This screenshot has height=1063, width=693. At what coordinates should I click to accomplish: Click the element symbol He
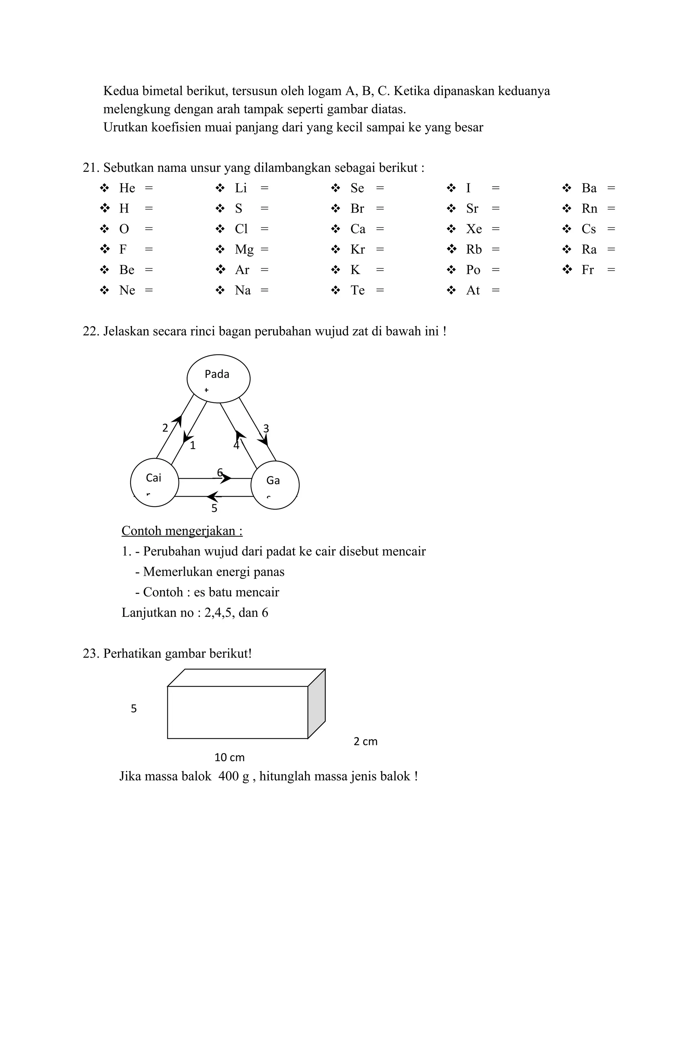(x=127, y=188)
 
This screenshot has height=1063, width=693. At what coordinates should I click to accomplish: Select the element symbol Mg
(x=244, y=249)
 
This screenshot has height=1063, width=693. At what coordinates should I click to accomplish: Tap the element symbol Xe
(x=474, y=229)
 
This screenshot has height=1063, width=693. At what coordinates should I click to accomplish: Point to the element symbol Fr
(x=587, y=270)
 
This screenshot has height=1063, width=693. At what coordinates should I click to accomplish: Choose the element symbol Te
(x=357, y=290)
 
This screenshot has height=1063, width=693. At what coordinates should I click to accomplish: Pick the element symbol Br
(x=357, y=209)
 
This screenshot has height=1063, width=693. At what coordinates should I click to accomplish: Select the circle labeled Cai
(x=154, y=482)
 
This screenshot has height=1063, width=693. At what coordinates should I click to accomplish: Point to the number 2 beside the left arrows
(x=165, y=428)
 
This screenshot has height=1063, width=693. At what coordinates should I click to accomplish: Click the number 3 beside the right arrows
(x=266, y=428)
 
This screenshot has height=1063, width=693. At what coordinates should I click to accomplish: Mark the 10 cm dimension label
(x=229, y=757)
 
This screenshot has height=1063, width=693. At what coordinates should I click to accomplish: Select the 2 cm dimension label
(x=365, y=741)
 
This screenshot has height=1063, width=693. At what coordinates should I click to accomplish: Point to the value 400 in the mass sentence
(x=228, y=776)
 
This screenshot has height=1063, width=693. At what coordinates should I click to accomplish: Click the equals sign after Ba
(x=611, y=188)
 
